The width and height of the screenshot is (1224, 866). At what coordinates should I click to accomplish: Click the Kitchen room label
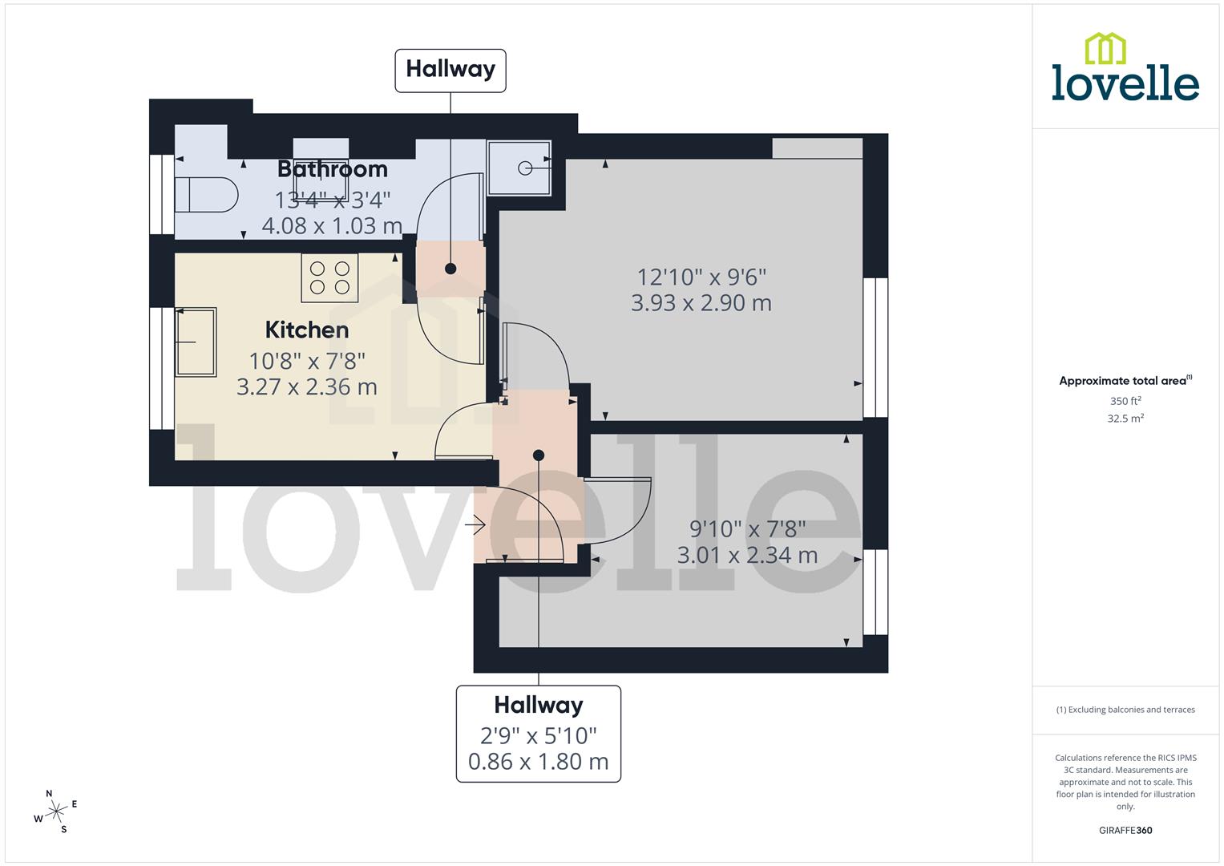click(307, 330)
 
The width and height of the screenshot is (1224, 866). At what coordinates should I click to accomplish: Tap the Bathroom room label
click(332, 169)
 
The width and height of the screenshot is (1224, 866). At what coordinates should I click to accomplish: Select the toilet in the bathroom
click(206, 194)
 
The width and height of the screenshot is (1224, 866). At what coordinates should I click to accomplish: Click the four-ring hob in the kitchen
click(329, 278)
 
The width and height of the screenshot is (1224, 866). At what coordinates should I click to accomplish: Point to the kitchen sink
click(196, 342)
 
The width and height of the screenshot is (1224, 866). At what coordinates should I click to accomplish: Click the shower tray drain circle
click(525, 168)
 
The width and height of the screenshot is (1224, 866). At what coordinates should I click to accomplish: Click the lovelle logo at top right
click(1125, 68)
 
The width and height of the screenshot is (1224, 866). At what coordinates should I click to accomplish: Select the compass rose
click(56, 811)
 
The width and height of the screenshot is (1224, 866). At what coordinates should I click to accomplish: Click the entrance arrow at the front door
click(475, 526)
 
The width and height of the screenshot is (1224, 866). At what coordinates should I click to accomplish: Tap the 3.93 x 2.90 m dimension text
click(701, 303)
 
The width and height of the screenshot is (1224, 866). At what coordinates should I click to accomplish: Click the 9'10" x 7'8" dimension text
click(747, 529)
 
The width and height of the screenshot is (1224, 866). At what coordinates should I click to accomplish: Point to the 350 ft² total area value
click(1125, 401)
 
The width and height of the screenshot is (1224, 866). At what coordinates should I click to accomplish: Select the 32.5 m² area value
click(1125, 419)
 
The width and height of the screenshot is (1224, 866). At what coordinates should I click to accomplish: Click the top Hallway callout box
click(450, 70)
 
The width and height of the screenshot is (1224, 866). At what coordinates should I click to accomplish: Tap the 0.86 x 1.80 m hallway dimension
click(538, 761)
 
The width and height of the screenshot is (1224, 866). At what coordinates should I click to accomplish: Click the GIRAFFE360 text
click(1125, 831)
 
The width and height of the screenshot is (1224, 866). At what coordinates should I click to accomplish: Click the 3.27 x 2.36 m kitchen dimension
click(307, 387)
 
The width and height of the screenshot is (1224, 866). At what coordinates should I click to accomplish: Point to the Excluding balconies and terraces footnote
click(1125, 710)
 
